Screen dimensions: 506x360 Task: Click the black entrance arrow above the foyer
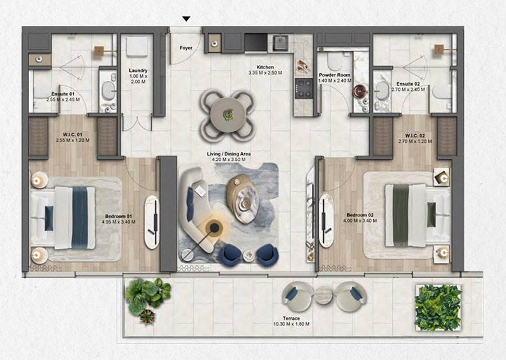click(x=186, y=19)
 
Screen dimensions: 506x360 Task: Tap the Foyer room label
click(x=186, y=48)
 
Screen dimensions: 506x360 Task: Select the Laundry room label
click(x=138, y=70)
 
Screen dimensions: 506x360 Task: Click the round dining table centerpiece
click(x=229, y=114)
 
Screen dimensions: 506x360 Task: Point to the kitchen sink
click(x=281, y=43)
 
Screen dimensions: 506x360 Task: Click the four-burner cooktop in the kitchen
click(x=304, y=88)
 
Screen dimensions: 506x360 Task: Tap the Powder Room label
click(x=335, y=75)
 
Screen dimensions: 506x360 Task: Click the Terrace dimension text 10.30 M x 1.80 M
click(x=291, y=324)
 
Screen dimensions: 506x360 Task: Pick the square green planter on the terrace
click(x=438, y=307)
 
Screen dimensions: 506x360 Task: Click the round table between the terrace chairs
click(x=323, y=295)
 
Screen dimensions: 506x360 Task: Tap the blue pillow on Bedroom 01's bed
click(x=49, y=218)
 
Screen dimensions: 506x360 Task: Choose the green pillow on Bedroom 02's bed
click(x=431, y=214)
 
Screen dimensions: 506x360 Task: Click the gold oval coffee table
click(x=243, y=198)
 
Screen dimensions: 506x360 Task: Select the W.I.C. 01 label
click(x=73, y=134)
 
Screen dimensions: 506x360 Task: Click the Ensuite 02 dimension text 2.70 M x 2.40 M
click(x=408, y=89)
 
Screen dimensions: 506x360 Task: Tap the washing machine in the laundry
click(x=137, y=47)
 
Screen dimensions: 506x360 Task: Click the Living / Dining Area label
click(x=229, y=154)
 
